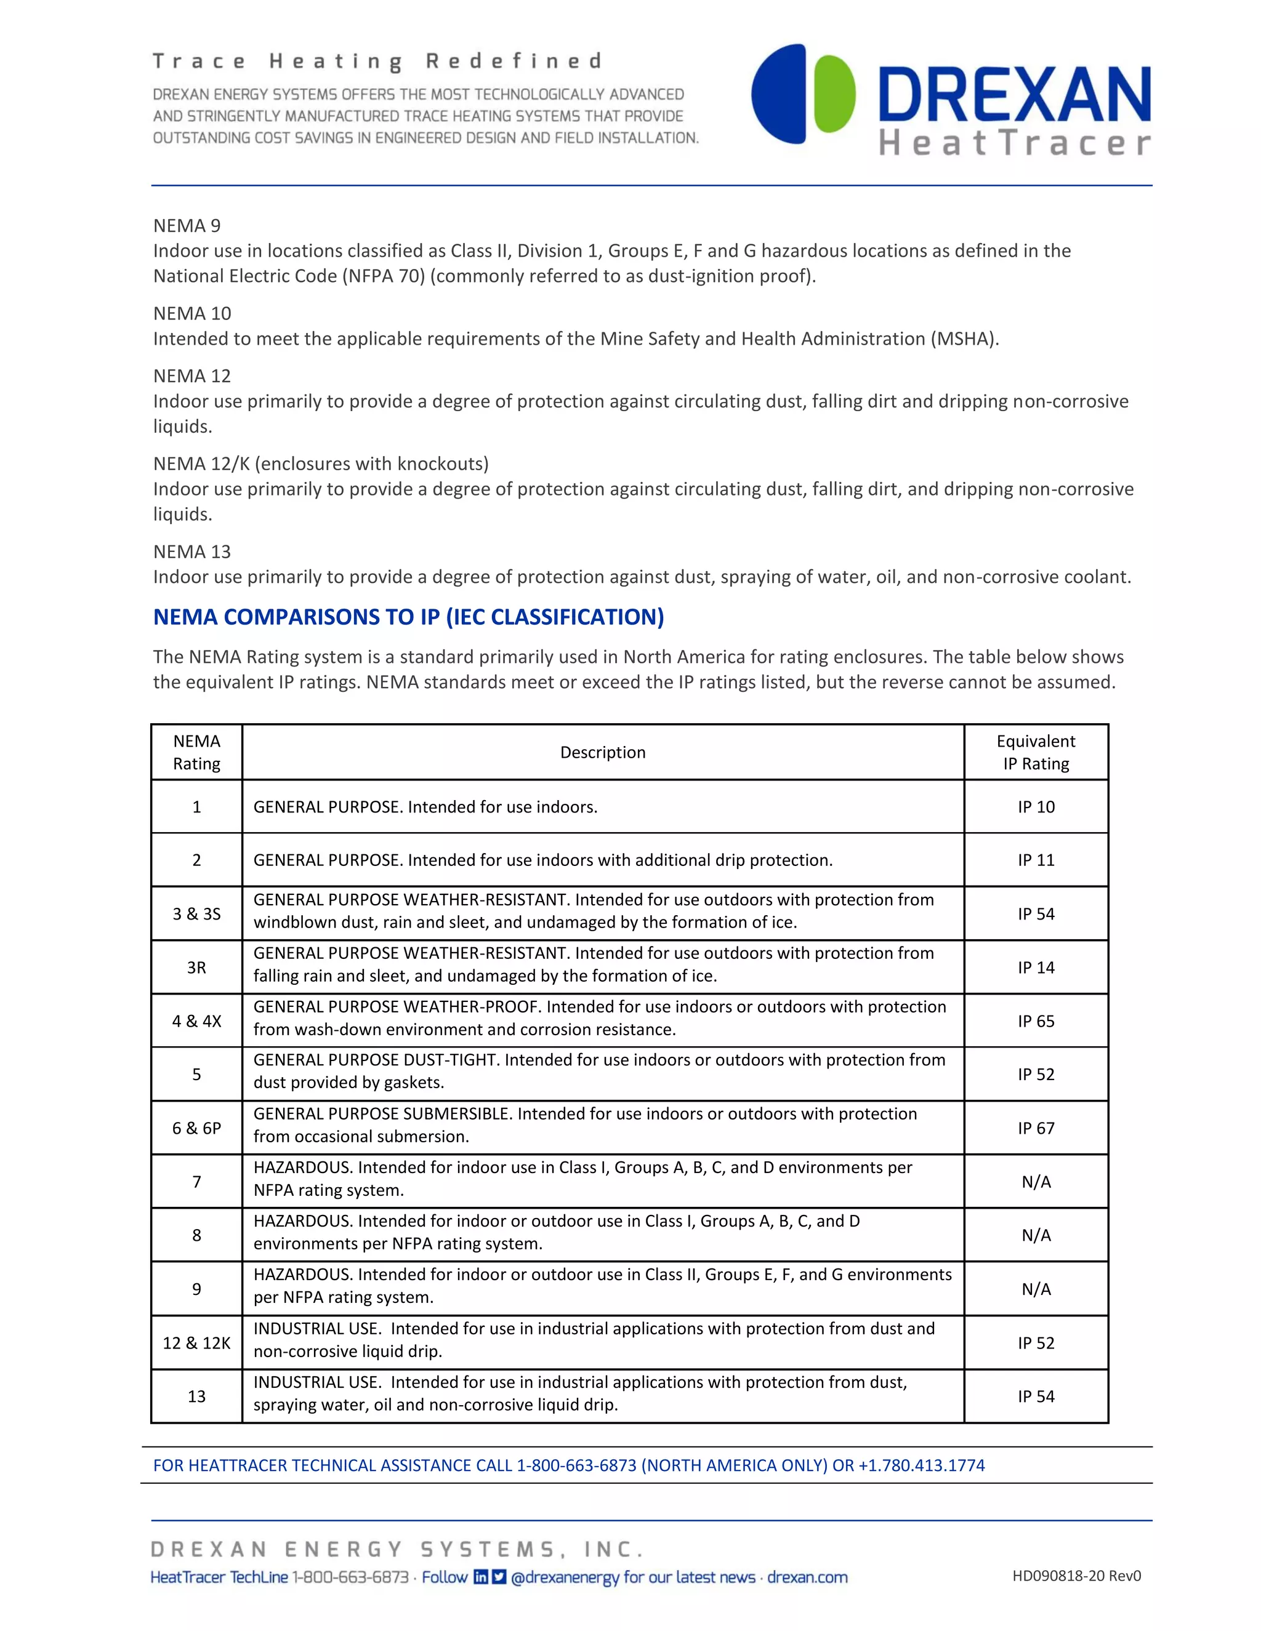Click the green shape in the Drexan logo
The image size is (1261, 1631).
tap(834, 94)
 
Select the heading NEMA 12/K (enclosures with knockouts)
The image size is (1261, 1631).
tap(320, 464)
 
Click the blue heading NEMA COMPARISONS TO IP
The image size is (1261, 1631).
tap(408, 617)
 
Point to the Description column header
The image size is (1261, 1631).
tap(603, 752)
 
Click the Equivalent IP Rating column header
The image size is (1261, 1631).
tap(1036, 752)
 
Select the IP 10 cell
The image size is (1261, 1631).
tap(1036, 806)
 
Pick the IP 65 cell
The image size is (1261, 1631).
tap(1036, 1021)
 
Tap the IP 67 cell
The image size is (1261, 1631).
tap(1036, 1128)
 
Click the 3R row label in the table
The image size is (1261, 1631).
tap(196, 967)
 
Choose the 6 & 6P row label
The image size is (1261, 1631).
tap(196, 1128)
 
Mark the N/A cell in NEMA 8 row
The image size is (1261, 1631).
tap(1036, 1235)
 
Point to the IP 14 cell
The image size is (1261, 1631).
tap(1036, 967)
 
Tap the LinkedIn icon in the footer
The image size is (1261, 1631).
tap(481, 1576)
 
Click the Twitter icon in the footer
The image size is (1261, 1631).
tap(499, 1576)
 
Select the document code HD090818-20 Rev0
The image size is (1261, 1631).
tap(1076, 1576)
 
